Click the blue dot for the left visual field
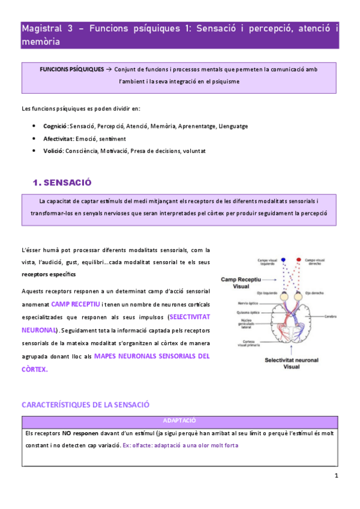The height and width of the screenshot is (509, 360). click(x=283, y=260)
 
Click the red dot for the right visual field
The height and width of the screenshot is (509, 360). click(x=299, y=260)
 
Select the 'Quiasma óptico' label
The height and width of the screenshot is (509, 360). click(x=246, y=312)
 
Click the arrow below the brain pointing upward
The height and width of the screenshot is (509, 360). click(x=289, y=351)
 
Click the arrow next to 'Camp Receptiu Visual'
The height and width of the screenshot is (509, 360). click(x=269, y=280)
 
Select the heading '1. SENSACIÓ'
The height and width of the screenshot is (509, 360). click(x=62, y=182)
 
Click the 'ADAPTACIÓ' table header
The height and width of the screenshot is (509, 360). click(x=179, y=421)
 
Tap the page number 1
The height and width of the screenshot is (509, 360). click(x=337, y=476)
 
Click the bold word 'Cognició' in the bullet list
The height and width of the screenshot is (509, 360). click(x=55, y=126)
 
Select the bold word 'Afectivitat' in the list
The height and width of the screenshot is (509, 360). click(x=58, y=138)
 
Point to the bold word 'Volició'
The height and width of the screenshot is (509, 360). click(x=53, y=151)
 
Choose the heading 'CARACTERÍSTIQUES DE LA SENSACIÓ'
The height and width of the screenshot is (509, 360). click(x=85, y=405)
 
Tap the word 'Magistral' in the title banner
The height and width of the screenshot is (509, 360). click(x=41, y=28)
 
